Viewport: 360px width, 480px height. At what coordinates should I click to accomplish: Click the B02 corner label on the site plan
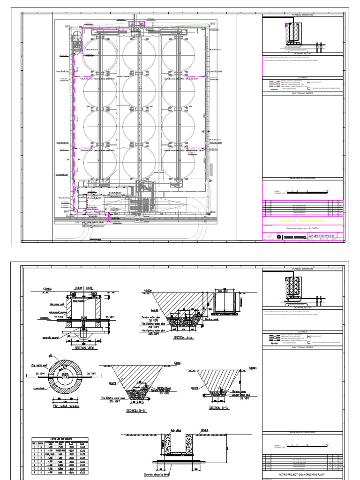coord(67,26)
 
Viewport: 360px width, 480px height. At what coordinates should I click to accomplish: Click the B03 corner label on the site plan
coord(212,23)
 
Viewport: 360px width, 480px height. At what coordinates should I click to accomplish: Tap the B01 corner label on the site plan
coord(67,211)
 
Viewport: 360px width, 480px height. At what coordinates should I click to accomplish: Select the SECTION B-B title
coord(136,411)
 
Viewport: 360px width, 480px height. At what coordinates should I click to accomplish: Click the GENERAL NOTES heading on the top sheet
coord(302,54)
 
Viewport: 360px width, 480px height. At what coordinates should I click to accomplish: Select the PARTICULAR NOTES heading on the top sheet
coord(302,93)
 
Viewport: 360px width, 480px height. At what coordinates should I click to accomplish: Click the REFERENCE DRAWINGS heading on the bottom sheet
coord(302,432)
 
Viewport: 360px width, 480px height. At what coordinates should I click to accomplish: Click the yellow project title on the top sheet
coord(302,218)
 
